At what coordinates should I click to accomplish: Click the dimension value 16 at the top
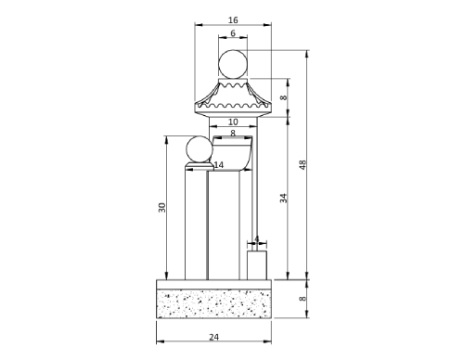click(x=233, y=20)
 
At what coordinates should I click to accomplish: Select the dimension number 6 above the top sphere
click(x=233, y=33)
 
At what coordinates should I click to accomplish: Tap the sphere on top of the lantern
click(x=233, y=64)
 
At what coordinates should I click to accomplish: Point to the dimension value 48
click(x=303, y=164)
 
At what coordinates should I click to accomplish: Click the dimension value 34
click(x=284, y=199)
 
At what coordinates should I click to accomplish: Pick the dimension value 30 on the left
click(x=162, y=207)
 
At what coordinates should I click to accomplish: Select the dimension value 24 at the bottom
click(x=213, y=337)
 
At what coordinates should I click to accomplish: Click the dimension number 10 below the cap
click(x=233, y=122)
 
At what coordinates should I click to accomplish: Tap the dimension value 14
click(x=218, y=165)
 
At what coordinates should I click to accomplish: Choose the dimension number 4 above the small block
click(x=256, y=239)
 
